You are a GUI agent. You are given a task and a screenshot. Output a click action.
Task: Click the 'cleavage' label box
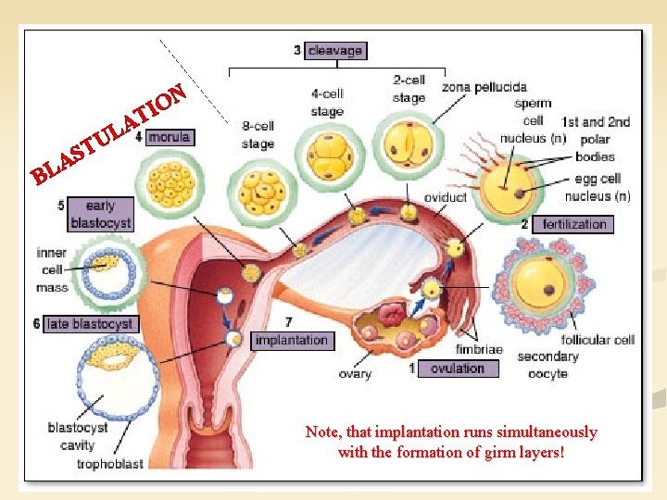tap(335, 51)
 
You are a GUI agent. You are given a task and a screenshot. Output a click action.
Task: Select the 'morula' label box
tap(169, 137)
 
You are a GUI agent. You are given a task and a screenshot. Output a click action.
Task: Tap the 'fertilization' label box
tap(574, 224)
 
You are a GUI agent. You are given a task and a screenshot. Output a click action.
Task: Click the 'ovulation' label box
tap(457, 369)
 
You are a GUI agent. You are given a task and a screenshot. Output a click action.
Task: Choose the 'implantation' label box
tap(291, 340)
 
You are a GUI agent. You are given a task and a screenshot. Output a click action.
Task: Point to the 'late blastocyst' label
tap(90, 324)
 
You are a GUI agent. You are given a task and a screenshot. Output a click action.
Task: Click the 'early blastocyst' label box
tap(100, 215)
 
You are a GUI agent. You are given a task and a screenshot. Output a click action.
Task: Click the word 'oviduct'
tap(445, 197)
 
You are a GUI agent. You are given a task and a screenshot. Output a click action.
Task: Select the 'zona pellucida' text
tap(485, 88)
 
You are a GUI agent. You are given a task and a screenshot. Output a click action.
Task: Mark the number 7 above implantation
tap(289, 321)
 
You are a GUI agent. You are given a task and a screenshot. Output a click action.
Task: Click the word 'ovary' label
tap(355, 374)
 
